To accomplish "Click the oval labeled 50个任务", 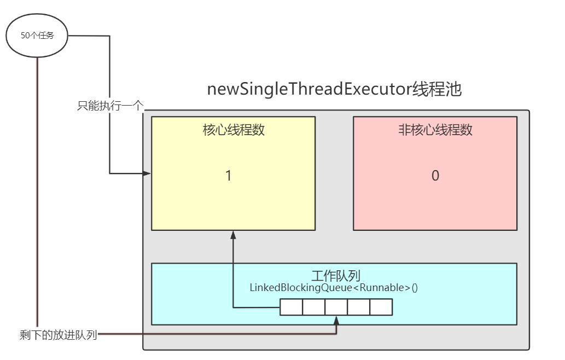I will (x=37, y=36).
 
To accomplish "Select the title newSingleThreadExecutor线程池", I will (x=334, y=89).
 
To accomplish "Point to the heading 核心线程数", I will (x=234, y=130).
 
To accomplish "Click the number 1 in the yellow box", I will (x=229, y=176).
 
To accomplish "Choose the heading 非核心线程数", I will (x=435, y=130).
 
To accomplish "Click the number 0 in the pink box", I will (x=435, y=176).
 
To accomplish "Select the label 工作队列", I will (x=334, y=275).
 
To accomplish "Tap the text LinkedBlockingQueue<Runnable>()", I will (x=334, y=287).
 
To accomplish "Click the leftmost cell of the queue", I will (x=291, y=307).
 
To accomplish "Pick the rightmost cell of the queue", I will (x=381, y=307).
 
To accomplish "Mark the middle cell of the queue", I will (x=336, y=307).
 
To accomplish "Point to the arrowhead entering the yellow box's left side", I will (x=147, y=173).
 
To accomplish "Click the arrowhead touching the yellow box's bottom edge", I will (x=233, y=235).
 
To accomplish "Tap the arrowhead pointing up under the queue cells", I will (x=336, y=320).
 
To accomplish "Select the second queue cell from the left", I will (x=313, y=307).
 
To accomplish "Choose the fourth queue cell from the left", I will (x=359, y=307).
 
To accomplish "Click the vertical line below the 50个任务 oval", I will (x=37, y=191).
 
